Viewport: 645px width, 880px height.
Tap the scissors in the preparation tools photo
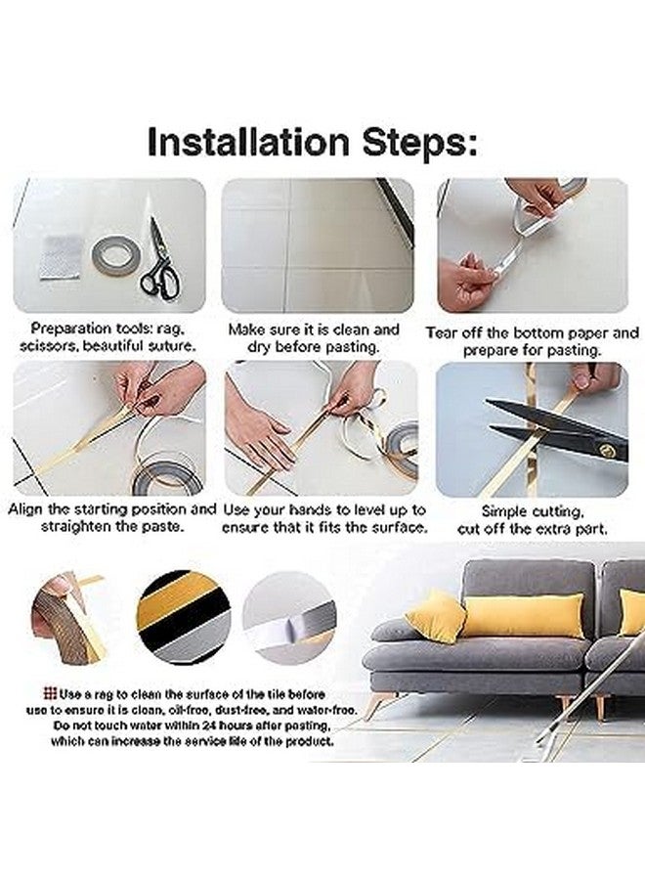click(160, 262)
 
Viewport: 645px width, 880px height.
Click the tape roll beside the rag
click(115, 256)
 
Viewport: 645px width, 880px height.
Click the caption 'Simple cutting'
click(532, 511)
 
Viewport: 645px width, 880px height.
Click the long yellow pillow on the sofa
click(522, 616)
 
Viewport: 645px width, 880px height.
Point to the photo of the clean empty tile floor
click(317, 245)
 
